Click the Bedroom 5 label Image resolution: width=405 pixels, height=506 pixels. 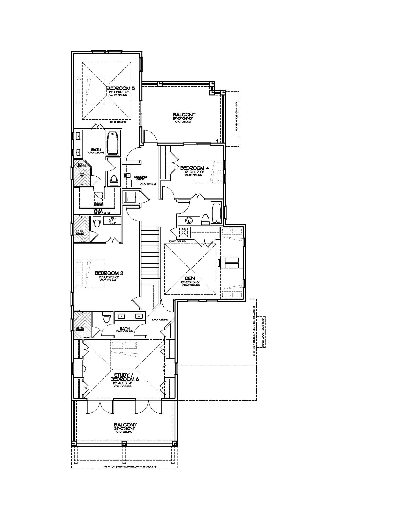tap(120, 88)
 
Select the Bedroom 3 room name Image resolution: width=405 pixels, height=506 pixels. tap(109, 273)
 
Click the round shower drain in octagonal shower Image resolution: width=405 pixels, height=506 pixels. tap(82, 174)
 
